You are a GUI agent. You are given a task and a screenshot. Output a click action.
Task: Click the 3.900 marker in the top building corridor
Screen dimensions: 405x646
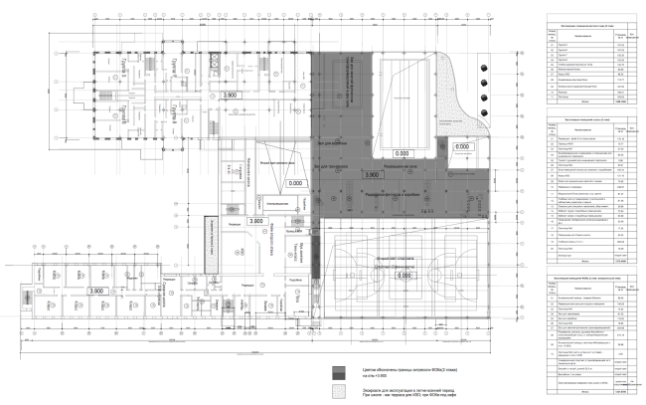tap(231, 94)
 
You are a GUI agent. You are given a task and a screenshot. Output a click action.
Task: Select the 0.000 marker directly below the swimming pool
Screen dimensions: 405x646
tap(402, 154)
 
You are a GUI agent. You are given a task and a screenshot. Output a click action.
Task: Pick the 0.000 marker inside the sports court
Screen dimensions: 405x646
tap(404, 274)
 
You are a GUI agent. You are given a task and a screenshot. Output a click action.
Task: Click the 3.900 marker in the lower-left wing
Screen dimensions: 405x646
tap(97, 291)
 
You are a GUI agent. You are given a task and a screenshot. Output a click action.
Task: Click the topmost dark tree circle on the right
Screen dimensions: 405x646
tap(484, 66)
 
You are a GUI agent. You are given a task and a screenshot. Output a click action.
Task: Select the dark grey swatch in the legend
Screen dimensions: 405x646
tap(339, 369)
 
